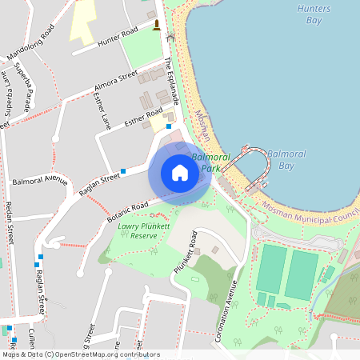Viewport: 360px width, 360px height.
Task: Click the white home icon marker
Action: (180, 173)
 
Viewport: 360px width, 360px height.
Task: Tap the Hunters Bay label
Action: (308, 14)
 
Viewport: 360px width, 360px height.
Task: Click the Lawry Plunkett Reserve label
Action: (138, 230)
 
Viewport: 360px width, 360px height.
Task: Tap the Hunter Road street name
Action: (118, 38)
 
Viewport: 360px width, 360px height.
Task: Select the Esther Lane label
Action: (102, 110)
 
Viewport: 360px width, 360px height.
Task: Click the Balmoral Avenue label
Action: (40, 179)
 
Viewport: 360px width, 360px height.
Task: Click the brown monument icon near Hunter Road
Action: (156, 25)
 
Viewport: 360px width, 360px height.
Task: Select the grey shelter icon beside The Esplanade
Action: (170, 38)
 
